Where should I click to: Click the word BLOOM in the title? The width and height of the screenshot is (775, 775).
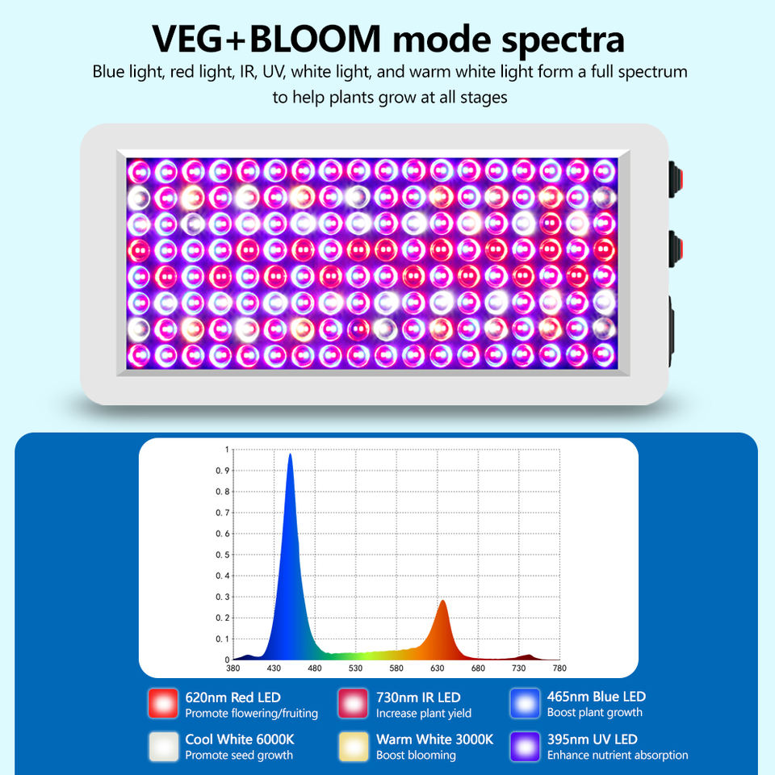316,39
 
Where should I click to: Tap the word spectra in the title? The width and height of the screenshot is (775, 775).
563,41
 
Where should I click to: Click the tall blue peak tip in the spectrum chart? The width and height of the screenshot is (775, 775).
290,455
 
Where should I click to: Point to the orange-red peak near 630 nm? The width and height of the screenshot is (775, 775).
443,601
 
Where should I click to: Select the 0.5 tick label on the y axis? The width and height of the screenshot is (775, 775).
223,555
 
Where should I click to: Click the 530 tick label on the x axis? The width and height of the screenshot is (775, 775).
355,668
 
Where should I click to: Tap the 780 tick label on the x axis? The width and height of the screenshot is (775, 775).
559,668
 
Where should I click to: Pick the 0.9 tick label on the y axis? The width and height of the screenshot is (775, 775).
223,471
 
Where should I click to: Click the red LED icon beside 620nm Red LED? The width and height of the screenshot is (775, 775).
163,703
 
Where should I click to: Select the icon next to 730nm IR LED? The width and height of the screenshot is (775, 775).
353,703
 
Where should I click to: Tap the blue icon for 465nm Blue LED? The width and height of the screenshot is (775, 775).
525,703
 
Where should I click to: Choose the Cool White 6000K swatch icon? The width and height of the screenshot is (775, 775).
164,746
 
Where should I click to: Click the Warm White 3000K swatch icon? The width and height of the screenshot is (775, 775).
354,746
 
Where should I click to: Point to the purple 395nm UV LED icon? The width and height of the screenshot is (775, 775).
525,746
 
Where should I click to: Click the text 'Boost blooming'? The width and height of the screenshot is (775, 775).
416,756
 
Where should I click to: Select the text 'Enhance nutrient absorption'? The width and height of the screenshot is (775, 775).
618,756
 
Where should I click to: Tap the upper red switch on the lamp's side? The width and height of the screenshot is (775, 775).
676,179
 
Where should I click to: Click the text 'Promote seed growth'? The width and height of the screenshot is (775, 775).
239,756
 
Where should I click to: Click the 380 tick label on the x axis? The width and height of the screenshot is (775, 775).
232,668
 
